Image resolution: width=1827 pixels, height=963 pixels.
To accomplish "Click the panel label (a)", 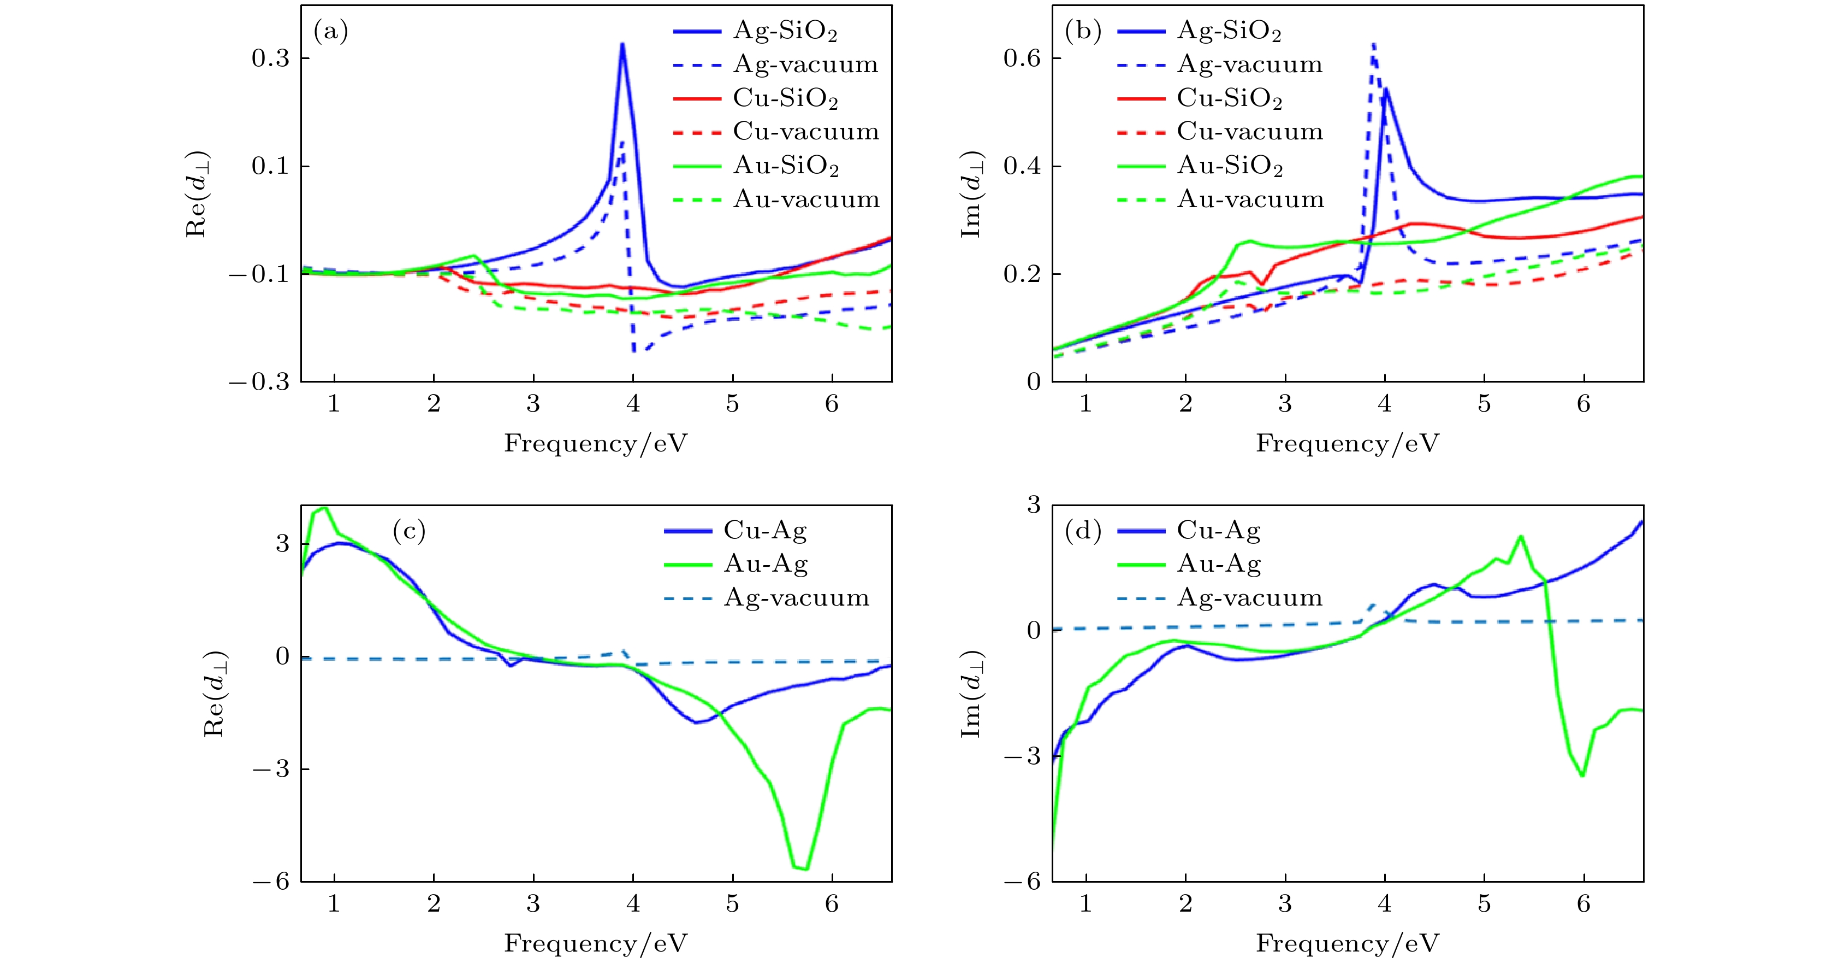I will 330,31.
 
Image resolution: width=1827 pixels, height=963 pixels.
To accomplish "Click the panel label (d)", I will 1083,531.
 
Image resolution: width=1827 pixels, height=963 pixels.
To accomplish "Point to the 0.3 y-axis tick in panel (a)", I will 271,58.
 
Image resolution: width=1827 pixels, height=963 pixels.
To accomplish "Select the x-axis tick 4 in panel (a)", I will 633,404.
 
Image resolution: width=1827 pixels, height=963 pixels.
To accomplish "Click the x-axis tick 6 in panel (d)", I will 1583,904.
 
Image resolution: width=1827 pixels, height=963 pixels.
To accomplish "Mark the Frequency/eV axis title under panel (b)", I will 1347,444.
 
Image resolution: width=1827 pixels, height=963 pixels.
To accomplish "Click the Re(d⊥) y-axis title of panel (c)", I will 215,694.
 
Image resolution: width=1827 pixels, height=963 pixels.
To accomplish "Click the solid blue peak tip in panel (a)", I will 622,44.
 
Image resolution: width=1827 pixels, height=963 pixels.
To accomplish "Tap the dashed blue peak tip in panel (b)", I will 1374,44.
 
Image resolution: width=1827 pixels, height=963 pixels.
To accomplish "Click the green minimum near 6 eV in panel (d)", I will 1582,776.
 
